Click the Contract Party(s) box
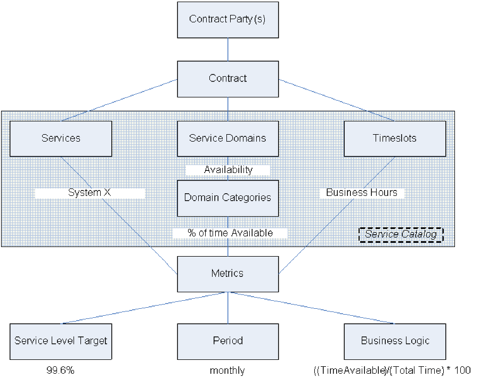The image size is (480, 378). (227, 19)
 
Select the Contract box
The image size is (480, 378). (227, 78)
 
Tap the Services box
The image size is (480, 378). (61, 138)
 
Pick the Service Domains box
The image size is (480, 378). (227, 138)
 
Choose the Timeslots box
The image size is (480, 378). (394, 138)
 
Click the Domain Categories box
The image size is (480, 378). (227, 198)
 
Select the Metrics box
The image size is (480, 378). (227, 274)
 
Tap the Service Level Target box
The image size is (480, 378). (61, 341)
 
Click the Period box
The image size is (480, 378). (227, 341)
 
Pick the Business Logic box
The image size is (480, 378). (394, 341)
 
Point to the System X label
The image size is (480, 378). (90, 193)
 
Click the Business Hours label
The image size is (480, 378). (362, 193)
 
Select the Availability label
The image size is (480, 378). (228, 170)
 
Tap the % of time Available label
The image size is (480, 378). (230, 233)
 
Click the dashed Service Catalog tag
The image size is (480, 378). (401, 234)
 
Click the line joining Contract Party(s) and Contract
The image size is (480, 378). (228, 49)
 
